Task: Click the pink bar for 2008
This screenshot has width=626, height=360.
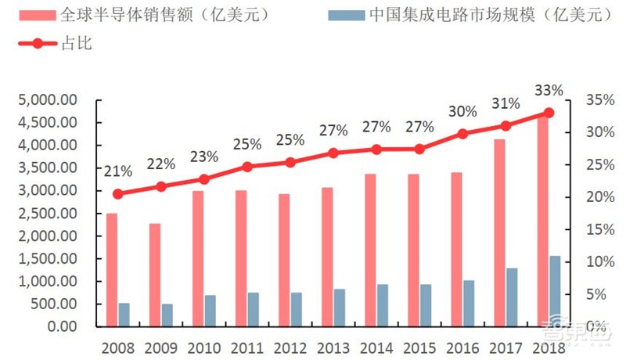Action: click(x=112, y=269)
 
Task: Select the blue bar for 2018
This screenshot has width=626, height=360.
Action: click(x=555, y=290)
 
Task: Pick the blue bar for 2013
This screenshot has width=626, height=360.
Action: click(x=339, y=308)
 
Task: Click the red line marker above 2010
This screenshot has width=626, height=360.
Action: click(x=204, y=179)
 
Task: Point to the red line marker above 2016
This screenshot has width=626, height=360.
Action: click(x=463, y=134)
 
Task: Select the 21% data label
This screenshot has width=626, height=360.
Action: click(x=118, y=170)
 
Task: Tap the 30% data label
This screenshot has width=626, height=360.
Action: click(x=462, y=111)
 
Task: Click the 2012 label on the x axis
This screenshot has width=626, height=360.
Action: click(x=290, y=346)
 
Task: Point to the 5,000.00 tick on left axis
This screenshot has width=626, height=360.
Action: click(x=45, y=100)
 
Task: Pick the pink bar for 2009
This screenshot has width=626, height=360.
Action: click(x=156, y=275)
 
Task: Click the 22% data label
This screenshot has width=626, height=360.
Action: click(x=161, y=164)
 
